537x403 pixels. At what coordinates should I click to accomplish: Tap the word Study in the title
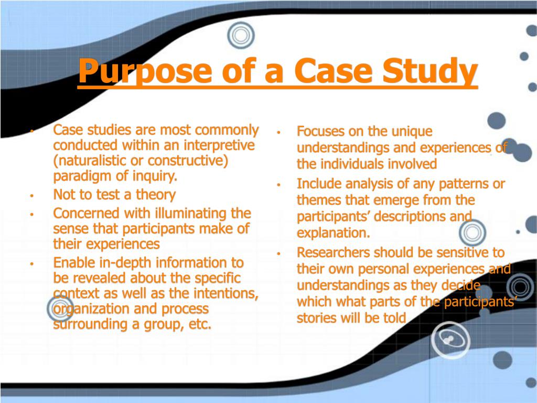(430, 71)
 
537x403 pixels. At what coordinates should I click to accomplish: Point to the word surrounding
(90, 324)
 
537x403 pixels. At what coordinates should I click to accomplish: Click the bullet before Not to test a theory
(31, 196)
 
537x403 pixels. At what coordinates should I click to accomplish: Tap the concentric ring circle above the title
(241, 35)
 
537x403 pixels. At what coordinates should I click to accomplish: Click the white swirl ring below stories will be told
(450, 340)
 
